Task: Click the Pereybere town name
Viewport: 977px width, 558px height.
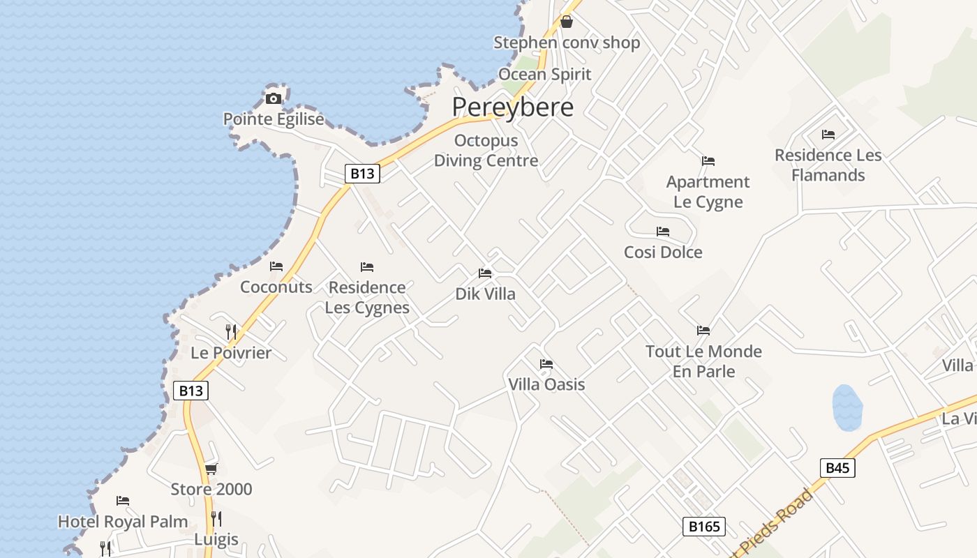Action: point(512,107)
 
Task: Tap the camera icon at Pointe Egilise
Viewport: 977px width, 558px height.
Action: point(274,98)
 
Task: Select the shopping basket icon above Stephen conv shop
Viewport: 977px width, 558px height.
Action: point(567,22)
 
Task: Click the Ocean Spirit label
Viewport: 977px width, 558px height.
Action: point(544,74)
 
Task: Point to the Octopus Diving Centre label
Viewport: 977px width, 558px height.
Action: point(486,151)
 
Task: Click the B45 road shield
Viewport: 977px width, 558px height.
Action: point(837,467)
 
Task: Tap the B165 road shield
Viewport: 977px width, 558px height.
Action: point(703,527)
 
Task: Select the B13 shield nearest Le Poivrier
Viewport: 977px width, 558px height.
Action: point(191,391)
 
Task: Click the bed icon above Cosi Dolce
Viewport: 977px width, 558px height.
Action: point(663,232)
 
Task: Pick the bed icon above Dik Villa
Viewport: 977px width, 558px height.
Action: point(485,273)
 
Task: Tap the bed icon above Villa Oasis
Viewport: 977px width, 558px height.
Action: point(546,364)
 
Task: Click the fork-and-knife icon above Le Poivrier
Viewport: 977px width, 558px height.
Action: point(231,331)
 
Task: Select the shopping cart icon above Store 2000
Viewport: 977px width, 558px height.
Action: point(211,469)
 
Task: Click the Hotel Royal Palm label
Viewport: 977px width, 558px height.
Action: point(123,522)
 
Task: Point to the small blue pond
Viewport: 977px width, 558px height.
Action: point(847,407)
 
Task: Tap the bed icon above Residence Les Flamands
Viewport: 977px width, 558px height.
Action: point(828,134)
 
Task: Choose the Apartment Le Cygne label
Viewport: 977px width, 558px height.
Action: point(708,192)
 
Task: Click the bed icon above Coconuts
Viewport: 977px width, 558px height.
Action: point(276,266)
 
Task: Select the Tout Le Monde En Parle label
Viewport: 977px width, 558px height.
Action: point(703,361)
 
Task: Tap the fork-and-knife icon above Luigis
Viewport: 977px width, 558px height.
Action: point(216,519)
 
